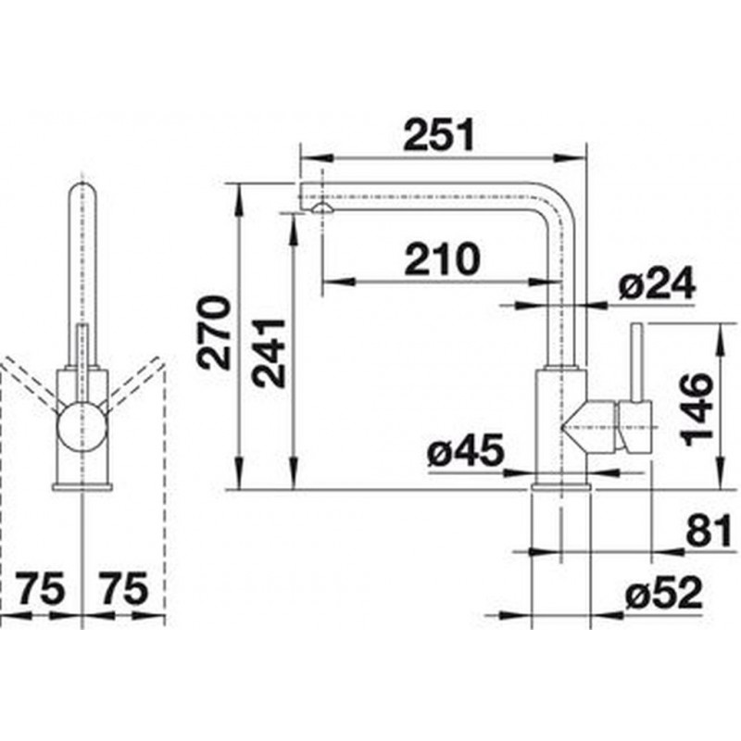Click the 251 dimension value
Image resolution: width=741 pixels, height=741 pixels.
point(438,134)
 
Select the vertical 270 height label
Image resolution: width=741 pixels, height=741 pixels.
point(215,333)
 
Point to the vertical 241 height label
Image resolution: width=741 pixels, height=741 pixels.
point(269,354)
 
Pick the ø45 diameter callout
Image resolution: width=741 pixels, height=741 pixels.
point(466,450)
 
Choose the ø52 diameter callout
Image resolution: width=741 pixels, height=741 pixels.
point(663,593)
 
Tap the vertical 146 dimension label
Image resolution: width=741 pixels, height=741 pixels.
point(697,409)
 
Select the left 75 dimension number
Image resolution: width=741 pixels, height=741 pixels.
point(40,589)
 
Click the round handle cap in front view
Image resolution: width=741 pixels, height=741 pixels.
point(82,427)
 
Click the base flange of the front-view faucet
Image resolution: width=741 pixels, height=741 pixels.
point(82,487)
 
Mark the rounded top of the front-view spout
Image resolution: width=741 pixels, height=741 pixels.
point(82,189)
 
